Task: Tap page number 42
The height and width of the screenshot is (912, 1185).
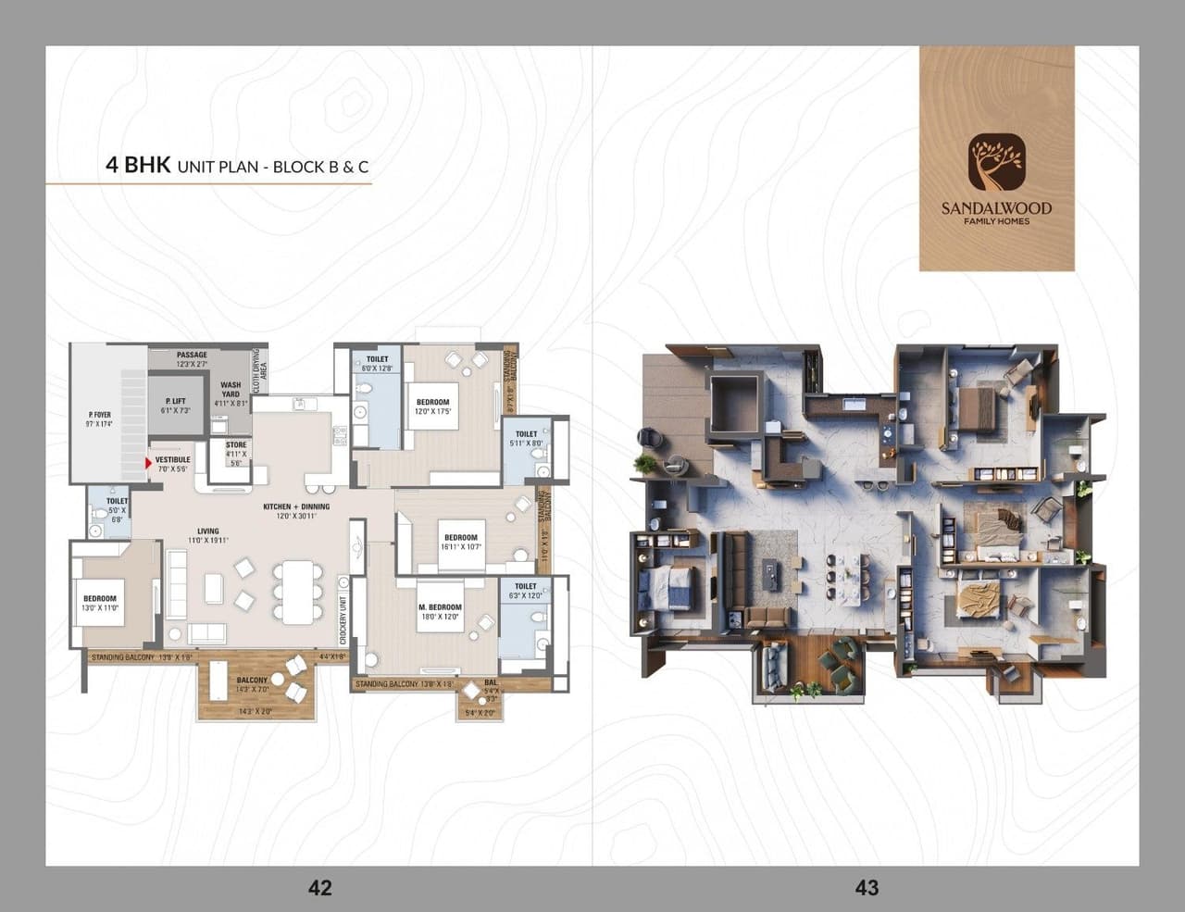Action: point(319,887)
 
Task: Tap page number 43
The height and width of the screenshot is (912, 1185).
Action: point(867,887)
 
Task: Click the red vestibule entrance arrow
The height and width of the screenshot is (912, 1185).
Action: point(148,460)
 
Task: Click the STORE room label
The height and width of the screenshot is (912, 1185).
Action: point(236,450)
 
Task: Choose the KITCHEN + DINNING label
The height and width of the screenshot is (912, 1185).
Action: point(296,511)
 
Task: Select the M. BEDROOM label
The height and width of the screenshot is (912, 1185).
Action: point(440,612)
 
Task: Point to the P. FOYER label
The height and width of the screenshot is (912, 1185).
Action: point(99,419)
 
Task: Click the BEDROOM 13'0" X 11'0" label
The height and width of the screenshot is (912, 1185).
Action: point(100,603)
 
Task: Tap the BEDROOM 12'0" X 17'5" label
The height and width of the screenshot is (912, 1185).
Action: point(432,406)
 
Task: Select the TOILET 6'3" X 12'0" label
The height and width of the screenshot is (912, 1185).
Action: point(525,591)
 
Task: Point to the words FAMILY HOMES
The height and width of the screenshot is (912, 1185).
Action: point(996,221)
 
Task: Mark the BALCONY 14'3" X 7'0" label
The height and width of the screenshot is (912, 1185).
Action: point(252,684)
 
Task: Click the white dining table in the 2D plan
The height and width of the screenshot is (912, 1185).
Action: point(296,592)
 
